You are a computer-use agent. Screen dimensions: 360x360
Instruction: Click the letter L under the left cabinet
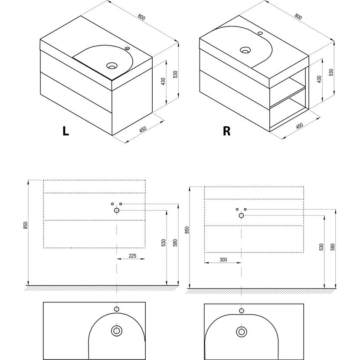[x=65, y=131]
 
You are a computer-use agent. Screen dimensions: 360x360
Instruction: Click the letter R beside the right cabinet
[x=226, y=131]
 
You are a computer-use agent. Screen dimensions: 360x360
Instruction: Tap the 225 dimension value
[x=132, y=256]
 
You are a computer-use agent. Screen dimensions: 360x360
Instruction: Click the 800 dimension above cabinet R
[x=298, y=16]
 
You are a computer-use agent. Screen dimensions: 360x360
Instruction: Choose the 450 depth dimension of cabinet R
[x=299, y=127]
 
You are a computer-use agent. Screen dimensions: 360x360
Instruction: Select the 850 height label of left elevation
[x=26, y=226]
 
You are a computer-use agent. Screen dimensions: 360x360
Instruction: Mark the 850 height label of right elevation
[x=187, y=229]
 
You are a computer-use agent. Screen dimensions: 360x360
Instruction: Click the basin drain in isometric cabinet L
[x=112, y=66]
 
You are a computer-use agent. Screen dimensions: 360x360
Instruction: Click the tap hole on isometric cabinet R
[x=261, y=33]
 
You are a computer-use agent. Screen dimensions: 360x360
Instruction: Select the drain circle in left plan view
[x=116, y=331]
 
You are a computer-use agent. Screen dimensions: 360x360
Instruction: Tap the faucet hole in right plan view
[x=242, y=311]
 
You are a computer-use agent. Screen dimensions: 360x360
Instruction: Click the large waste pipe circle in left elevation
[x=117, y=210]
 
